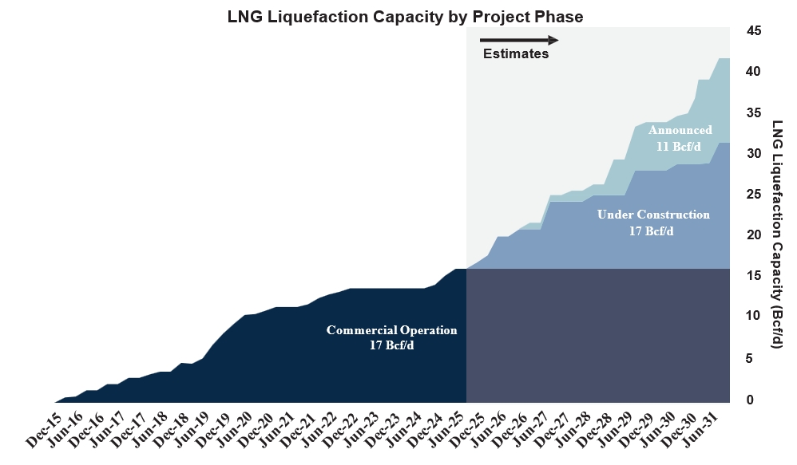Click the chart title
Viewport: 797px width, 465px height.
(405, 17)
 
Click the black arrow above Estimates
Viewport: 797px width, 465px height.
(519, 40)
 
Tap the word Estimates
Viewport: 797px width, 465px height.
(515, 53)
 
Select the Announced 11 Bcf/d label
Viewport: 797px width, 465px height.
(680, 138)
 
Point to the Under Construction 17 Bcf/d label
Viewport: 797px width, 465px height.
(653, 223)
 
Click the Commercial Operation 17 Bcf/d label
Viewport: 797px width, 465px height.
(391, 337)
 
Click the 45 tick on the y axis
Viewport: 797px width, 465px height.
(754, 31)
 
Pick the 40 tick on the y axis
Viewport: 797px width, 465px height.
(754, 72)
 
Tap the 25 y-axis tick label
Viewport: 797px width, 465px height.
(754, 195)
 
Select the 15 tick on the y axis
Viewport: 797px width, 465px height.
(754, 276)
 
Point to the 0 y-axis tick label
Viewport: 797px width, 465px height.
(750, 400)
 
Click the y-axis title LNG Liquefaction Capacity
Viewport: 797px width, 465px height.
(777, 234)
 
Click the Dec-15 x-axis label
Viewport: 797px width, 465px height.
(44, 431)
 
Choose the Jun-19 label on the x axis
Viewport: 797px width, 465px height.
(192, 431)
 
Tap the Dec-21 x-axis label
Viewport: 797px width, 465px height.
(299, 431)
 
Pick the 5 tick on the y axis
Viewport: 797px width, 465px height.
(750, 358)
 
